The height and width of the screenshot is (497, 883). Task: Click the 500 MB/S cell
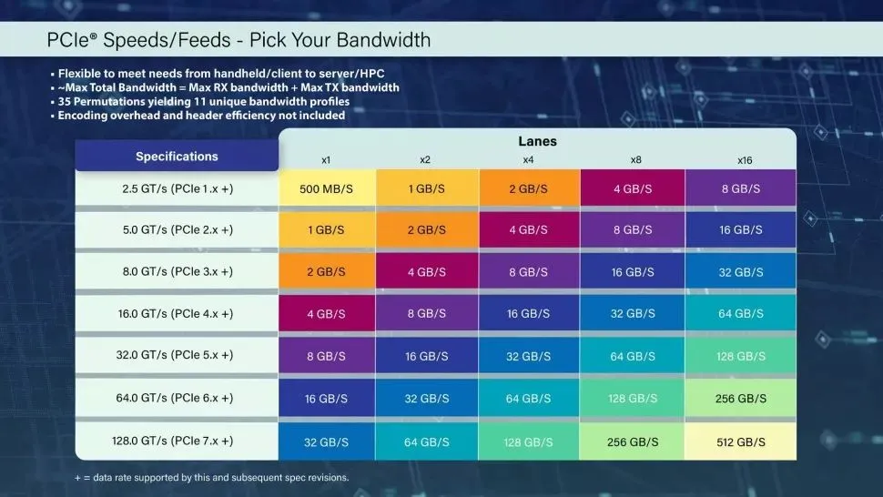[x=326, y=188]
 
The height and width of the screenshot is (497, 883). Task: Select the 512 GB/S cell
[x=741, y=441]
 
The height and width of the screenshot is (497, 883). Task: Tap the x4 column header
[x=528, y=160]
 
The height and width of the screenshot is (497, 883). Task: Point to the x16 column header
[x=744, y=160]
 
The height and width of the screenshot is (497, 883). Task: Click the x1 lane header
[x=326, y=160]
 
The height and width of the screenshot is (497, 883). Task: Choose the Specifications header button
[x=177, y=156]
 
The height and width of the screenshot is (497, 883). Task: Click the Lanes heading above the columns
[x=537, y=141]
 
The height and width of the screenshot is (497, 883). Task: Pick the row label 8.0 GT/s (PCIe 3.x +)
[x=177, y=271]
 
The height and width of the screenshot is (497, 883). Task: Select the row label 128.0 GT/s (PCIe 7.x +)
[x=177, y=441]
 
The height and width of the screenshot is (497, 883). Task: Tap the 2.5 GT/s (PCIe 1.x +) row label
[x=177, y=188]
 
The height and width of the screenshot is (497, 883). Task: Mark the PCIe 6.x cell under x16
[x=741, y=399]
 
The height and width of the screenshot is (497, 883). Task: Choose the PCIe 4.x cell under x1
[x=326, y=314]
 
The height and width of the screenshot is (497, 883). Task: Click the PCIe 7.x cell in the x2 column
[x=425, y=441]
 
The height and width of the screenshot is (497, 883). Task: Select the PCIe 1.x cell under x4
[x=528, y=188]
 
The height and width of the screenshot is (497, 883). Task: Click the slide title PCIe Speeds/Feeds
[x=239, y=40]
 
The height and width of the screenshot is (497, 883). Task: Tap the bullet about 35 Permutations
[x=204, y=101]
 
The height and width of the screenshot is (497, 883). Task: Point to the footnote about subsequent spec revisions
[x=212, y=477]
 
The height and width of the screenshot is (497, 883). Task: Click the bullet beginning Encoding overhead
[x=201, y=115]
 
